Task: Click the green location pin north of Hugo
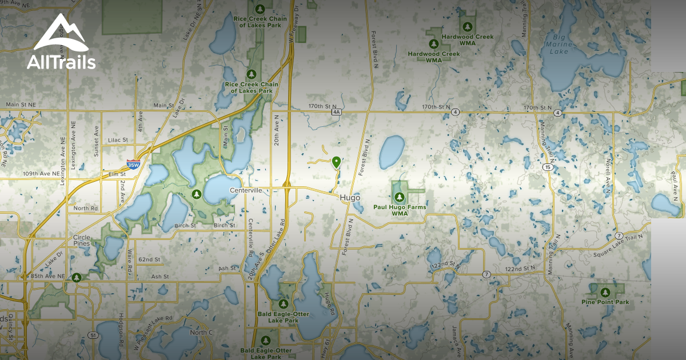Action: point(336,162)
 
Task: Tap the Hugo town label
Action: point(349,198)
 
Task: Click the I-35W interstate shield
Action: point(133,165)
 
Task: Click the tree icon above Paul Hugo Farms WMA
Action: point(399,197)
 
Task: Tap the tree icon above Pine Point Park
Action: point(605,292)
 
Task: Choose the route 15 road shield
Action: point(548,167)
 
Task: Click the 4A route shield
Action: point(336,113)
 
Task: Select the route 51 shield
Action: point(92,334)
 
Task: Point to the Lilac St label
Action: point(117,139)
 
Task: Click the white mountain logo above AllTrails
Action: point(61,34)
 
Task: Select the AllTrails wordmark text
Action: point(61,62)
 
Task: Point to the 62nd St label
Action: point(149,259)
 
